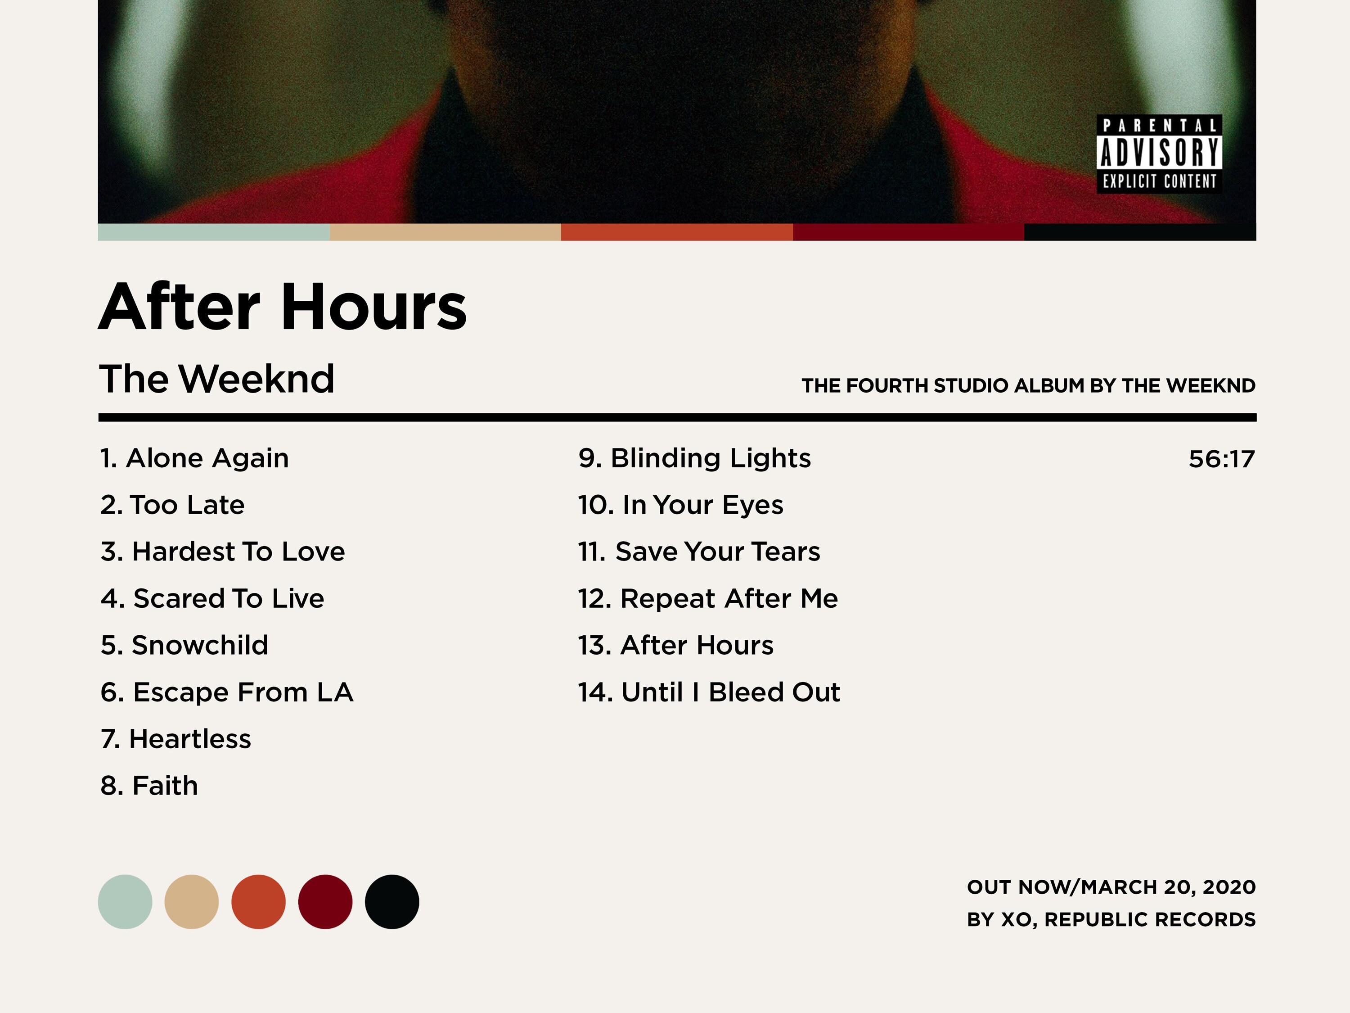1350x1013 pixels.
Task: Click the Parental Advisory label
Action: (1159, 154)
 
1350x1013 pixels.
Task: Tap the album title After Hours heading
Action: (283, 307)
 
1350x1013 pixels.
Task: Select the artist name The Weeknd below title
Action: (216, 379)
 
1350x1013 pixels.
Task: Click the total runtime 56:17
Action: (1221, 459)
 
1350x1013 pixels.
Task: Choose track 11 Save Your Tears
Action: (699, 552)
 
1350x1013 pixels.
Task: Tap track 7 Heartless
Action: (176, 739)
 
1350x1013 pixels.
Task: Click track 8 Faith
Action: (149, 786)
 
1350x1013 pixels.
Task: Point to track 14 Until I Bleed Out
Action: (709, 692)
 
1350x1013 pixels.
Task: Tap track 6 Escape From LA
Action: (226, 692)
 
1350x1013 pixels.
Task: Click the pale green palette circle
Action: (125, 902)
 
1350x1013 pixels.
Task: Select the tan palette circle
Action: (192, 902)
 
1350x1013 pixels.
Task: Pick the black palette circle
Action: (392, 902)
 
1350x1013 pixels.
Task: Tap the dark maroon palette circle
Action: (325, 902)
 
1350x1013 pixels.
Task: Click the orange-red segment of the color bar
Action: (676, 232)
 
